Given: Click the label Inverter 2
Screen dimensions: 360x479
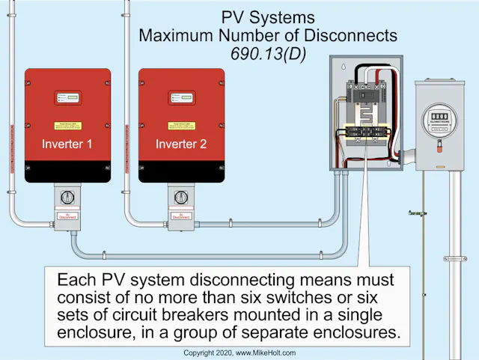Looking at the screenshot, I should click(181, 144).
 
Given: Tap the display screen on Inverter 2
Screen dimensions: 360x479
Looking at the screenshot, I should click(181, 98).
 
